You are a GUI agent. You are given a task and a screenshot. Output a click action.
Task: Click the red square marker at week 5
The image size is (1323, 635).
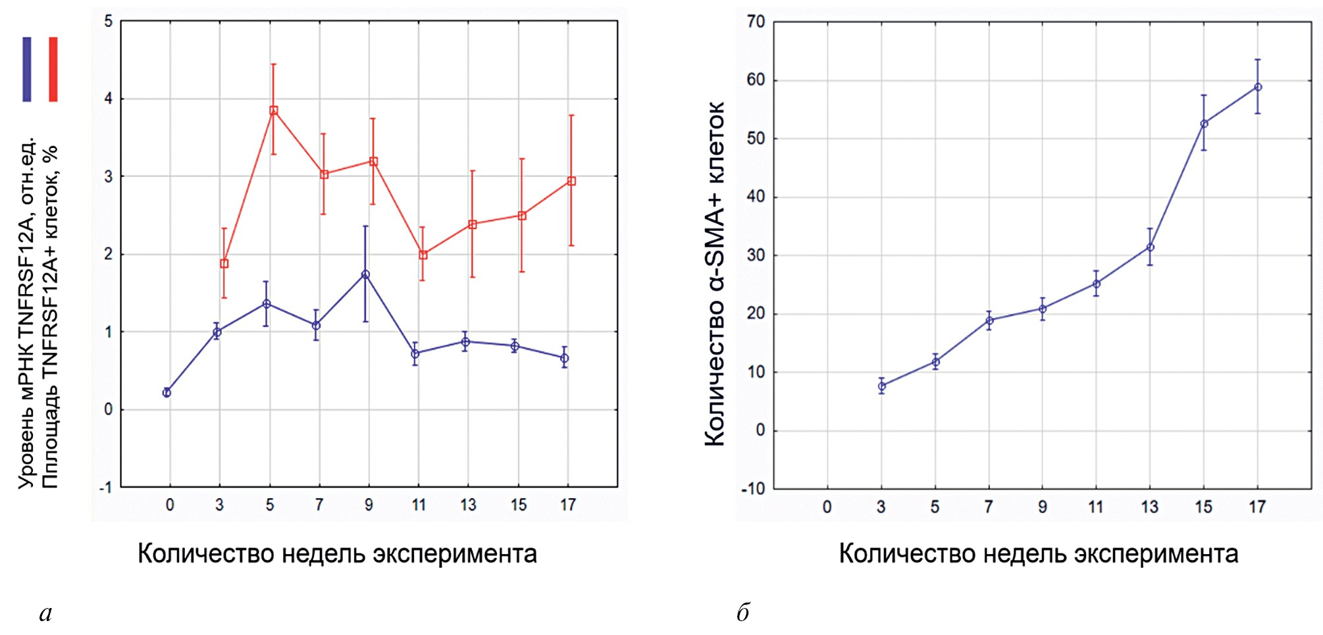[x=274, y=111]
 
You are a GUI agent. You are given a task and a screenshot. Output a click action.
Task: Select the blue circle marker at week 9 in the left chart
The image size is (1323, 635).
[x=365, y=274]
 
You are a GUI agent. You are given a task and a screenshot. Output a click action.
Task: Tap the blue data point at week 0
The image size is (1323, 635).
[x=167, y=393]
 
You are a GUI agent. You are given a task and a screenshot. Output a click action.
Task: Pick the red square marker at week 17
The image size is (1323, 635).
[x=571, y=181]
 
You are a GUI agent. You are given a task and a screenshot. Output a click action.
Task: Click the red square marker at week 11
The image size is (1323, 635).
[x=423, y=255]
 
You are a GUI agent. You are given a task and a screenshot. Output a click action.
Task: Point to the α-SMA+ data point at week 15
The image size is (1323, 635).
[x=1204, y=124]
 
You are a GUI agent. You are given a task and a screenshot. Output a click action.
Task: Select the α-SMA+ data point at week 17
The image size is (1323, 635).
[x=1258, y=87]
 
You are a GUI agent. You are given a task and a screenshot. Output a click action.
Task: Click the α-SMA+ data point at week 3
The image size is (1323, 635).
[x=882, y=386]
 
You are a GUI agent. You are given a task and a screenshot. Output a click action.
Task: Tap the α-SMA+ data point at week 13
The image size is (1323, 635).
[x=1150, y=247]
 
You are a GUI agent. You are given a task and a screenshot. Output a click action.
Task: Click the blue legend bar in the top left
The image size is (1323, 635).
[x=27, y=69]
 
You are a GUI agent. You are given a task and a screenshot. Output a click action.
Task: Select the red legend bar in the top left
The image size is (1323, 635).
[x=53, y=69]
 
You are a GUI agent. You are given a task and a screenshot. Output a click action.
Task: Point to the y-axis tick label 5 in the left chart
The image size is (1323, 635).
[x=109, y=22]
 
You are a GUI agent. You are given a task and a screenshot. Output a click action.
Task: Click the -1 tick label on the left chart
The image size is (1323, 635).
[x=106, y=488]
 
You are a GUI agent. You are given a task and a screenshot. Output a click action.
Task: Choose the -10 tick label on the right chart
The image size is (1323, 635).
[x=754, y=489]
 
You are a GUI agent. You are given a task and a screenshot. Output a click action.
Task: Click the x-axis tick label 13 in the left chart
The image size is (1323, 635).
[x=468, y=505]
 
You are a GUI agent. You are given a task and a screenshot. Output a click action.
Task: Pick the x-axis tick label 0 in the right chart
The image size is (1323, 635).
[x=827, y=507]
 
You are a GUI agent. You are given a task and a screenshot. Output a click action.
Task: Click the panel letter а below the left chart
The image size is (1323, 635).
[x=45, y=613]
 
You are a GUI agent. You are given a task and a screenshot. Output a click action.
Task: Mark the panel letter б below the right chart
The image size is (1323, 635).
[x=743, y=612]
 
